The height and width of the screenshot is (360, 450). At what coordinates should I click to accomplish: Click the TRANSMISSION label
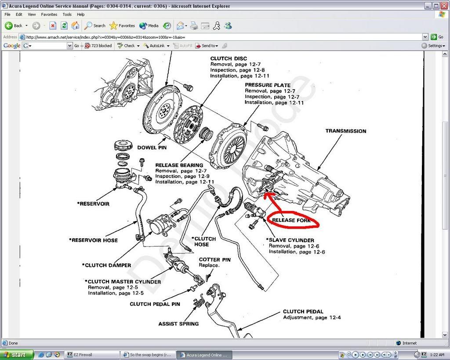tap(346, 131)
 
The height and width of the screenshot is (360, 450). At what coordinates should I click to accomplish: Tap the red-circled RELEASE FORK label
tap(291, 220)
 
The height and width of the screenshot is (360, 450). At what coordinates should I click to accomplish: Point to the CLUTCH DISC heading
tap(229, 58)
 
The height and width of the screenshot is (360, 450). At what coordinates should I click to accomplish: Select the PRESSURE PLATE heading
tap(268, 85)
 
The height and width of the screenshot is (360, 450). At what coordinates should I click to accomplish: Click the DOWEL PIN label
tap(152, 148)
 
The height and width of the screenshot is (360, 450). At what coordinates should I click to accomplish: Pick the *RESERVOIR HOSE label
tap(93, 240)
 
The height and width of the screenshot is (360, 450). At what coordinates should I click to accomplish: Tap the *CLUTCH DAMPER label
tap(106, 265)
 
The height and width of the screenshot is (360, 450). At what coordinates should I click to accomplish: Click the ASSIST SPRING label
tap(178, 324)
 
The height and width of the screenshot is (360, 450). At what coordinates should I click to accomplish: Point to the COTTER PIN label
tap(214, 259)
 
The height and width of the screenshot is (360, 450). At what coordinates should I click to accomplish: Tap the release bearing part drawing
tap(207, 134)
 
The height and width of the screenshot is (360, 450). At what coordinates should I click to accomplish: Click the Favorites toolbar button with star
tap(122, 25)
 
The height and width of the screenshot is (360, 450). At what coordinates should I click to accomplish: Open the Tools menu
tap(67, 15)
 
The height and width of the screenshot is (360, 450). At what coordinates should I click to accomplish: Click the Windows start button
tap(16, 355)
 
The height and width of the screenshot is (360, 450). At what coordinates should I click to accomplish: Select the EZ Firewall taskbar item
tap(91, 355)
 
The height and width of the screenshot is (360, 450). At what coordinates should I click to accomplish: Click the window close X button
tap(444, 6)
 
